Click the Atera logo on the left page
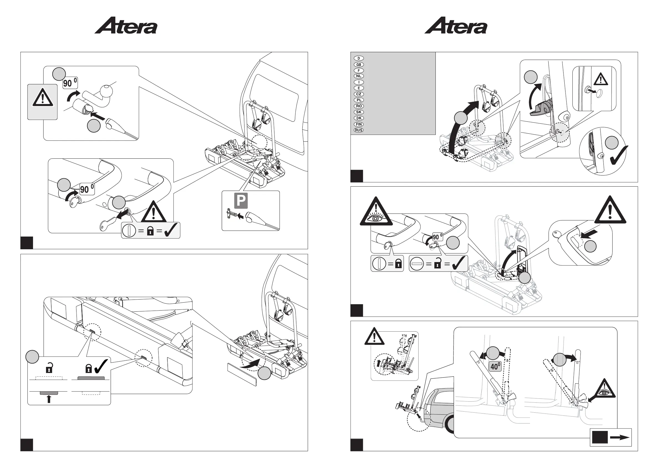pos(126,26)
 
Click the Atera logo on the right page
pos(456,26)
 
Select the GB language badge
pos(358,64)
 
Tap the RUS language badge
pos(358,130)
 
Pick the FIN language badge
pos(358,124)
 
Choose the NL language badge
pos(358,76)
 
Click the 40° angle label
pos(495,367)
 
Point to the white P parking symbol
pos(241,201)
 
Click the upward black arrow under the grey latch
pos(49,399)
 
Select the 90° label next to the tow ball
pos(70,83)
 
